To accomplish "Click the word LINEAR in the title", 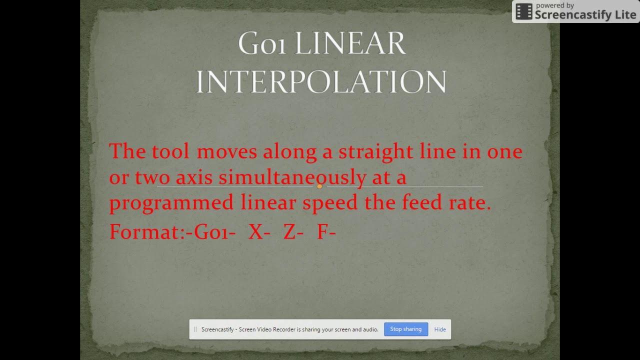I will pyautogui.click(x=349, y=44).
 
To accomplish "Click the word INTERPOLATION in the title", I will pyautogui.click(x=321, y=81).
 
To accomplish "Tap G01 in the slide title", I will pyautogui.click(x=262, y=44).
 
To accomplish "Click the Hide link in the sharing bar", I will pyautogui.click(x=440, y=329).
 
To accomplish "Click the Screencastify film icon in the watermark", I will pyautogui.click(x=523, y=11).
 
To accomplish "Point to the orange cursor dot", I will pyautogui.click(x=319, y=186).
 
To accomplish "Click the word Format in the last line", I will pyautogui.click(x=144, y=232).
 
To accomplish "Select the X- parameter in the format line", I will pyautogui.click(x=259, y=232).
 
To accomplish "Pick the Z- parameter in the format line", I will pyautogui.click(x=293, y=232).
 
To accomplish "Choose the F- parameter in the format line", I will pyautogui.click(x=326, y=232).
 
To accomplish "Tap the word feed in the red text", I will pyautogui.click(x=420, y=203).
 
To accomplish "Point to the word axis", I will pyautogui.click(x=194, y=177).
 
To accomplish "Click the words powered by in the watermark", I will pyautogui.click(x=555, y=5).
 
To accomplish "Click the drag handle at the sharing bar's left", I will pyautogui.click(x=195, y=329).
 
